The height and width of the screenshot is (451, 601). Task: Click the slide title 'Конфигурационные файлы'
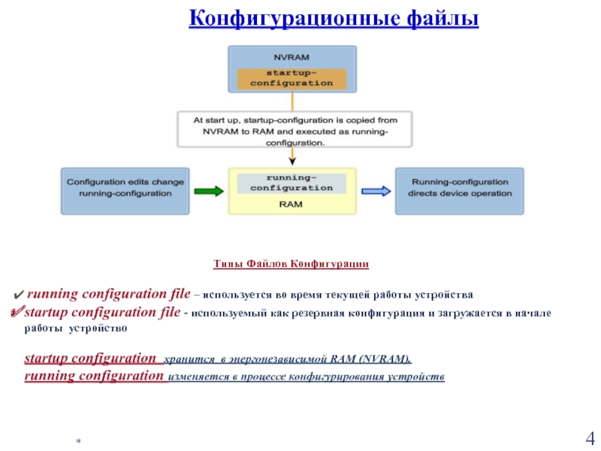pyautogui.click(x=334, y=17)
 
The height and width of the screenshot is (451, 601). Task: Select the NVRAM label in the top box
pyautogui.click(x=291, y=57)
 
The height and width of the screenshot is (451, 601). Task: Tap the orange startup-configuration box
pyautogui.click(x=291, y=79)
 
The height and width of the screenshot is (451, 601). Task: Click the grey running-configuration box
pyautogui.click(x=291, y=183)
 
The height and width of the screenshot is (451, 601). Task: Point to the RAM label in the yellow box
pyautogui.click(x=291, y=204)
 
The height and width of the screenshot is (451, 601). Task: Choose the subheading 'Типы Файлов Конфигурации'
pyautogui.click(x=291, y=265)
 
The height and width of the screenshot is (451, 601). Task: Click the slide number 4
pyautogui.click(x=589, y=438)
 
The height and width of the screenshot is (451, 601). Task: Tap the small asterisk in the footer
pyautogui.click(x=77, y=438)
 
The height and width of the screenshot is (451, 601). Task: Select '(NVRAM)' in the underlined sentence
pyautogui.click(x=387, y=359)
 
